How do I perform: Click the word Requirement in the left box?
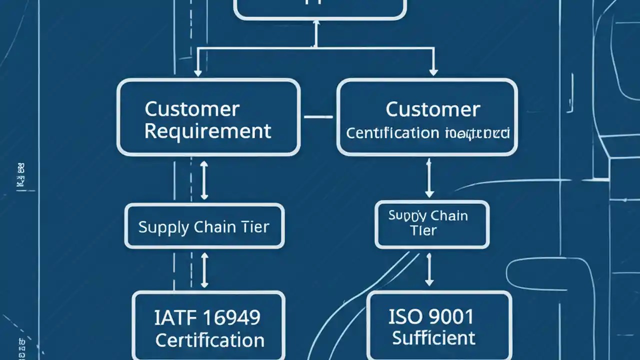pos(208,131)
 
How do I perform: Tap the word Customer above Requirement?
pos(192,109)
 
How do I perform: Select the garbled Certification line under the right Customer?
pos(427,133)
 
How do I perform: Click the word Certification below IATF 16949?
pos(209,340)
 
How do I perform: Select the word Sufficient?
pos(433,338)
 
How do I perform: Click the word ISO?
pos(403,316)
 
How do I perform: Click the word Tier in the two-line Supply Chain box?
pos(423,230)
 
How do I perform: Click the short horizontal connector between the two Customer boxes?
pos(318,117)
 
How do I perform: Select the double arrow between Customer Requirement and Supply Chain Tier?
pos(203,180)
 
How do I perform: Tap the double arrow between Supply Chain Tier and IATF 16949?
pos(204,270)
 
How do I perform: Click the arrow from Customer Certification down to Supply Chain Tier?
pos(428,178)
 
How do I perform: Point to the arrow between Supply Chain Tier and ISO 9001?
pos(428,269)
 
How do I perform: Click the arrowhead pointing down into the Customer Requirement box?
pos(198,72)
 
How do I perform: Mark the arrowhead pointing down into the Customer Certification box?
pos(433,72)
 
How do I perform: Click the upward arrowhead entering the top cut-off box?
pos(315,25)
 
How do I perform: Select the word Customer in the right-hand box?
pos(433,109)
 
